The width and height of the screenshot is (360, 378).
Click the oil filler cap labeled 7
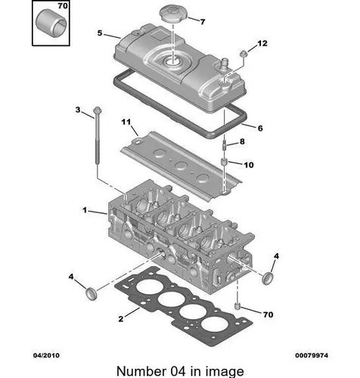[x=174, y=14]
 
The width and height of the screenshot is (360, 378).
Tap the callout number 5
[x=100, y=33]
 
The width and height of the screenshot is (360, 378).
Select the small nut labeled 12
[x=244, y=53]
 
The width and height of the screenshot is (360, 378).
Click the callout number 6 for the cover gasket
[x=260, y=128]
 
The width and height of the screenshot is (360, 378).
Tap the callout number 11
[x=126, y=122]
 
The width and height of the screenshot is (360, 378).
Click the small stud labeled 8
[x=225, y=146]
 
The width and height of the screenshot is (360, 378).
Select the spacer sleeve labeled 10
[x=224, y=162]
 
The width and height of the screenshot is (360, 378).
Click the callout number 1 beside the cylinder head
[x=85, y=209]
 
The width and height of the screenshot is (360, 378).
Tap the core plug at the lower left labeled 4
[x=91, y=293]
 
